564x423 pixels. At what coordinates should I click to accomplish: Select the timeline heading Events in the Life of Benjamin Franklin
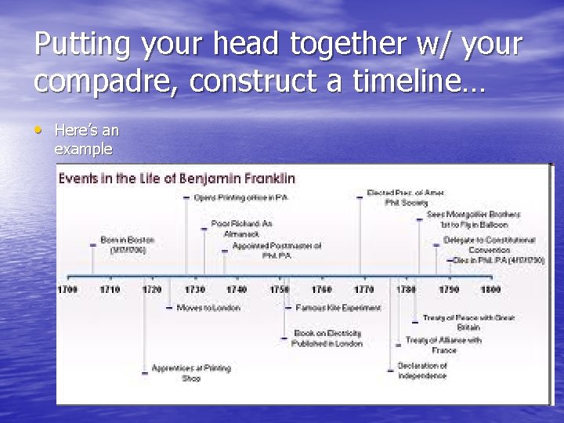click(176, 178)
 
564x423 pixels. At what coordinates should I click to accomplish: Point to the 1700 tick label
click(67, 290)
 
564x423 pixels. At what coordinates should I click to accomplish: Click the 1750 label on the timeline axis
click(279, 290)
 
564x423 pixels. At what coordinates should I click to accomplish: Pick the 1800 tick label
click(490, 290)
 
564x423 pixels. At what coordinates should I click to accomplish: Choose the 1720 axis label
click(152, 290)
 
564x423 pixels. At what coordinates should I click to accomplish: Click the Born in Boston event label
click(127, 244)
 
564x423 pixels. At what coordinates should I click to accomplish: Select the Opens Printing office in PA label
click(240, 197)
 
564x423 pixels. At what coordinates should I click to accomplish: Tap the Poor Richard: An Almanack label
click(241, 228)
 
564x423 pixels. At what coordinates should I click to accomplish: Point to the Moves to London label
click(208, 308)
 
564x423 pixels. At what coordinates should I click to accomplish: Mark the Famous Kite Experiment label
click(338, 308)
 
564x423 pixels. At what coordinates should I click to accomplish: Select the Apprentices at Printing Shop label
click(191, 373)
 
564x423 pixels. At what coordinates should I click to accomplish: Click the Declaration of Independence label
click(422, 371)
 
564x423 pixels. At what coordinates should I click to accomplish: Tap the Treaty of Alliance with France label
click(443, 345)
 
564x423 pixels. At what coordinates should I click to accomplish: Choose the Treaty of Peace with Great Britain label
click(468, 322)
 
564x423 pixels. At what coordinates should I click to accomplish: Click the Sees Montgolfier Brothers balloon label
click(473, 219)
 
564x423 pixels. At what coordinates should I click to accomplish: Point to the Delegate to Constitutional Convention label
click(489, 244)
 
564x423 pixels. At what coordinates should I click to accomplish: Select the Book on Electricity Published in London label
click(327, 338)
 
